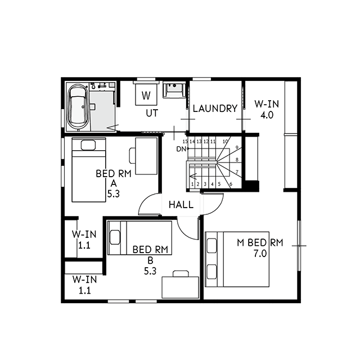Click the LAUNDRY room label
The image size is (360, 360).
[x=215, y=109]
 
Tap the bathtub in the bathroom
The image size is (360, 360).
[x=79, y=107]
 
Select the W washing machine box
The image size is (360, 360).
[x=146, y=94]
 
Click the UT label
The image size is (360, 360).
[x=152, y=113]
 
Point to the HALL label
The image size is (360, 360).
[x=181, y=205]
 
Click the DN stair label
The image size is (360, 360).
[x=181, y=149]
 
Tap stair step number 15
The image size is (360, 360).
[x=185, y=141]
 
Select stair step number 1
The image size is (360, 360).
[x=192, y=184]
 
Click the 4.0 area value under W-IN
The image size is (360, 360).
[x=267, y=115]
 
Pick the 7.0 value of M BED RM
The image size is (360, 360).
[x=260, y=254]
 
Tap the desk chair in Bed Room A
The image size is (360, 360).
[x=133, y=156]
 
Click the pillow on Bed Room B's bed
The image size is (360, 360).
[x=115, y=237]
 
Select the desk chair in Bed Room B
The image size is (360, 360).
[x=181, y=274]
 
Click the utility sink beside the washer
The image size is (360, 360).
[x=174, y=90]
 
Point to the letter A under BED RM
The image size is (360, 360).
[x=114, y=184]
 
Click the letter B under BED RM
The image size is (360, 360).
[x=150, y=260]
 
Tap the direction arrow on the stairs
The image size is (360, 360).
[x=193, y=176]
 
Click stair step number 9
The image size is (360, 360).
[x=237, y=147]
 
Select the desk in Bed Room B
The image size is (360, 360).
[x=180, y=287]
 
